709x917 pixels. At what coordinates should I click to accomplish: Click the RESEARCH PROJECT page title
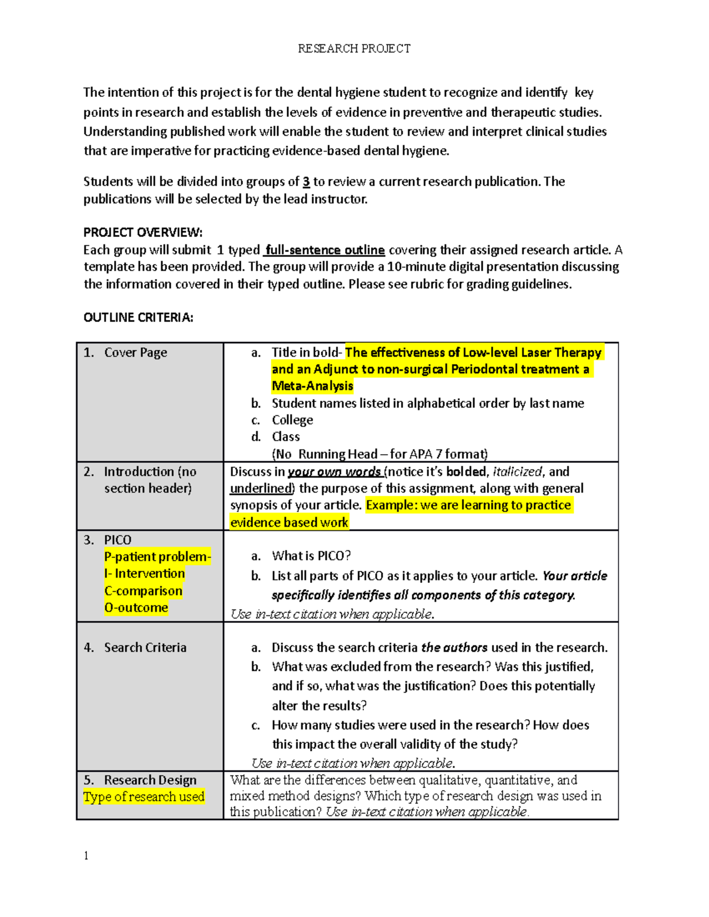[x=354, y=48]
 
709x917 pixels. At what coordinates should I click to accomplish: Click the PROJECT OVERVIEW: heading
[x=143, y=232]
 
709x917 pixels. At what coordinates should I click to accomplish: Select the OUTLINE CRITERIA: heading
[x=138, y=318]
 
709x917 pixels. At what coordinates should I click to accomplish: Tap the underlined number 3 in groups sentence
[x=306, y=182]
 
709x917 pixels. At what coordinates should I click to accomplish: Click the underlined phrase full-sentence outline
[x=325, y=250]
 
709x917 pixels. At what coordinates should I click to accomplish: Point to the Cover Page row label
[x=135, y=353]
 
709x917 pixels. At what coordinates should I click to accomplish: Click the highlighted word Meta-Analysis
[x=312, y=386]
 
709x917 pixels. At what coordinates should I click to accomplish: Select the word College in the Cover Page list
[x=292, y=420]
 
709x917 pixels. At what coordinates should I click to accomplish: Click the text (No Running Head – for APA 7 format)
[x=379, y=454]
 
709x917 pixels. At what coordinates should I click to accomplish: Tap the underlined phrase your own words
[x=334, y=472]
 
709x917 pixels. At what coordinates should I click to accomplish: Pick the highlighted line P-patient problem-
[x=157, y=557]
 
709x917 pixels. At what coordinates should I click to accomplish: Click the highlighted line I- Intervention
[x=144, y=574]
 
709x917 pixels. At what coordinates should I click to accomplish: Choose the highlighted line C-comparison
[x=143, y=591]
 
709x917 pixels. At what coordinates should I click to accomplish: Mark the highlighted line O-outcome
[x=136, y=608]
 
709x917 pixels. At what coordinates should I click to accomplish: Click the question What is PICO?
[x=311, y=556]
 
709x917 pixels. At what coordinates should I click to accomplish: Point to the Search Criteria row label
[x=145, y=648]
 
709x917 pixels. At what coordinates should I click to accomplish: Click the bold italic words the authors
[x=454, y=648]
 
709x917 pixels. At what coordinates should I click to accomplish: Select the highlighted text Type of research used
[x=144, y=797]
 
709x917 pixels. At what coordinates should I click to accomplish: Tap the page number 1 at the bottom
[x=86, y=856]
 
